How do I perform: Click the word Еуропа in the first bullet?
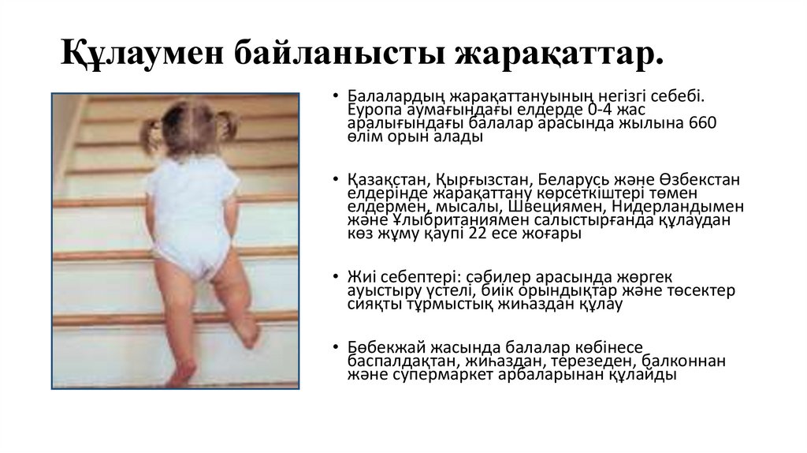pos(373,110)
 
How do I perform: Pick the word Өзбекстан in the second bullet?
pos(694,179)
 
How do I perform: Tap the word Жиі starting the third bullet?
pos(358,276)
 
